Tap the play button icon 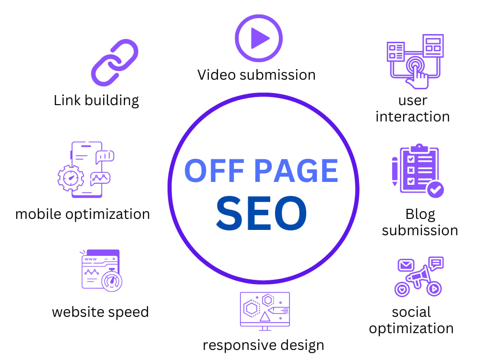click(x=259, y=38)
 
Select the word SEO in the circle click(x=261, y=213)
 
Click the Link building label click(x=96, y=101)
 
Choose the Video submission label click(x=256, y=75)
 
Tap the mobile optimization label click(x=83, y=214)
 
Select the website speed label click(x=100, y=312)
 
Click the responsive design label click(x=263, y=345)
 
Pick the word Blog click(x=420, y=215)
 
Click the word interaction click(x=413, y=117)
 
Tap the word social click(x=411, y=312)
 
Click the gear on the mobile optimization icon click(x=71, y=178)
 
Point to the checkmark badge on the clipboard click(x=435, y=190)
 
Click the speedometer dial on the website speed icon click(x=112, y=281)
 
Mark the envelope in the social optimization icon click(x=406, y=265)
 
